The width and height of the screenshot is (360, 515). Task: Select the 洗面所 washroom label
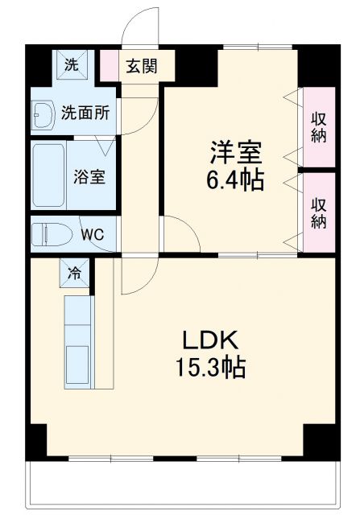click(86, 113)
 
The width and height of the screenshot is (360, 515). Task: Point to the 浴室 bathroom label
click(89, 176)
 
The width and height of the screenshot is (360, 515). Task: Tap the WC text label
click(93, 235)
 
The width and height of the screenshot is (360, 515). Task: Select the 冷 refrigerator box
click(74, 274)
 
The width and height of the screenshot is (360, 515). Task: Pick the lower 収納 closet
click(318, 211)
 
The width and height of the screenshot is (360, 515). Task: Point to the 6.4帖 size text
click(234, 180)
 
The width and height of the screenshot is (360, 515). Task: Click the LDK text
click(211, 339)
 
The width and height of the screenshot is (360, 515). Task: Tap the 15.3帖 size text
click(211, 369)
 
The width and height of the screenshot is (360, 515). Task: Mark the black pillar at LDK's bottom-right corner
click(319, 439)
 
